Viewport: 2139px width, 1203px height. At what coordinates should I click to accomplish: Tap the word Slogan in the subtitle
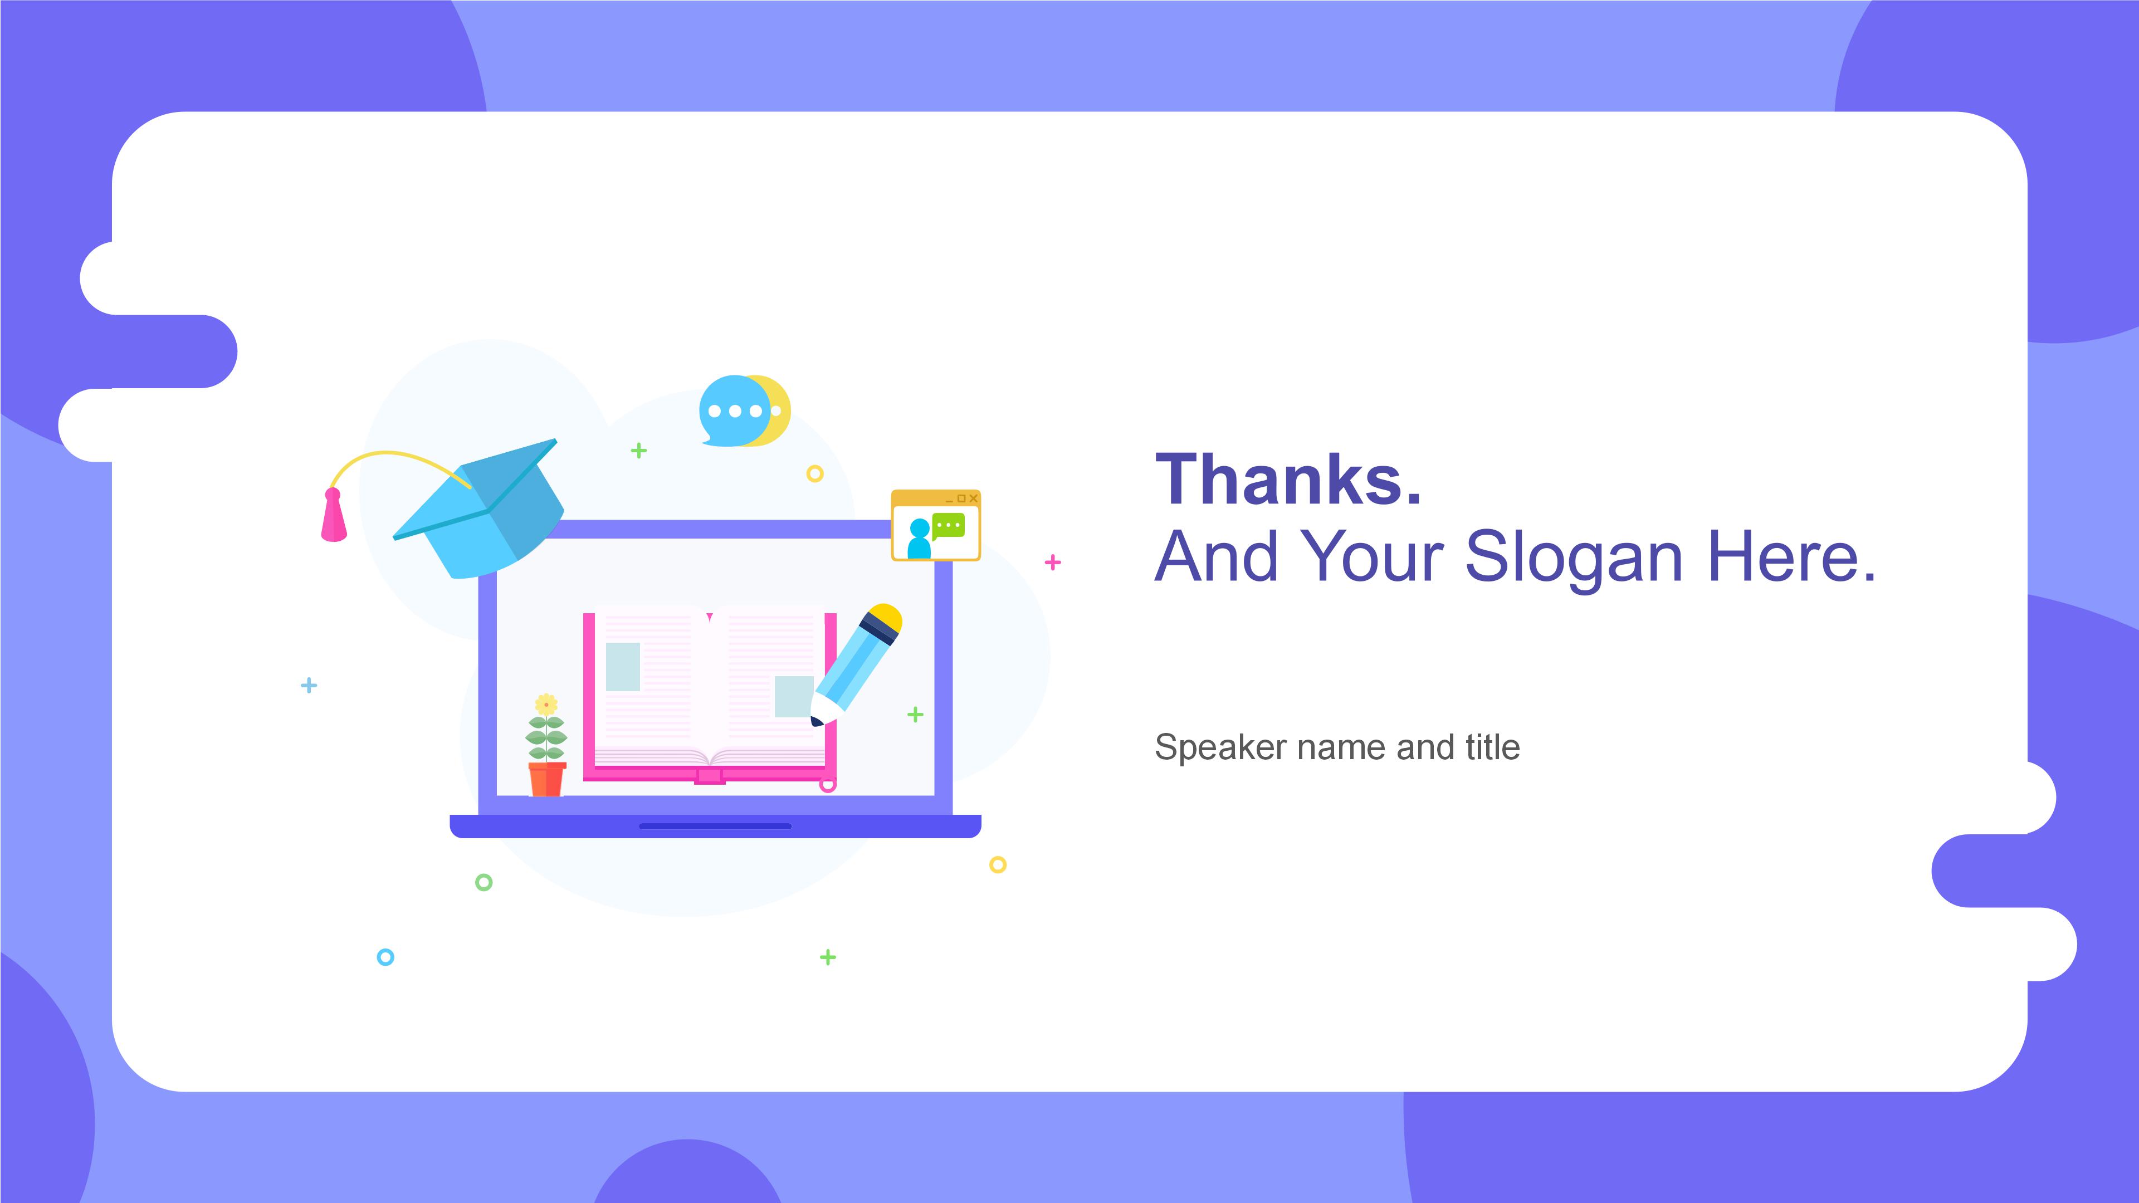1574,558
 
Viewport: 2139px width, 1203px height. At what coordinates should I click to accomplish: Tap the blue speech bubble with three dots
734,411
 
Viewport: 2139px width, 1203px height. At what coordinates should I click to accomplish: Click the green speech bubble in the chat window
948,526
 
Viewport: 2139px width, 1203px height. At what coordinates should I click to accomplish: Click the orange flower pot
546,780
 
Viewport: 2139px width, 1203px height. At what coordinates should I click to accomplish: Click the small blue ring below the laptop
385,957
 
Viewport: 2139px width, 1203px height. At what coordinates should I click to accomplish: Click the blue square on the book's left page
623,667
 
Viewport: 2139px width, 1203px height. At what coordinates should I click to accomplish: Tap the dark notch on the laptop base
715,826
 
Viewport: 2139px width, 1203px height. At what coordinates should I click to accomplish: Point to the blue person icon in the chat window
919,538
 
